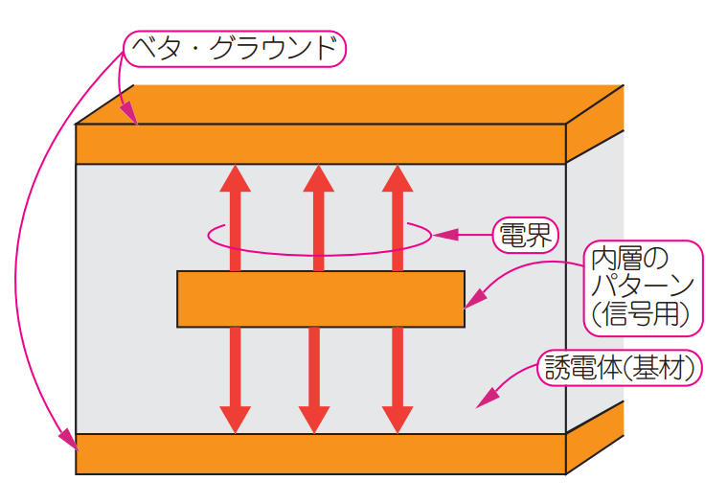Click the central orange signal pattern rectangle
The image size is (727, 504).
click(321, 299)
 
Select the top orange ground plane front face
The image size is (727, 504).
click(321, 144)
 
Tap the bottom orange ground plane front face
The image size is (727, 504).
click(321, 454)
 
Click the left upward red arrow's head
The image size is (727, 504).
click(235, 179)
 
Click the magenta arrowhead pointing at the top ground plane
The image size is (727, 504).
click(130, 116)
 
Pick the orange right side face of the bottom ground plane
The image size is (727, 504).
click(595, 436)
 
